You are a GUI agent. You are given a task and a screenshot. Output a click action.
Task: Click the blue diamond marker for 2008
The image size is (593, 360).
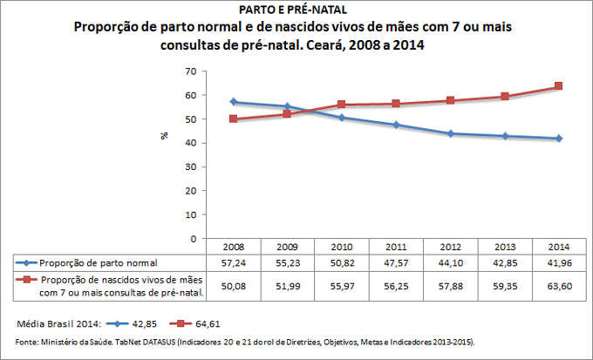point(234,102)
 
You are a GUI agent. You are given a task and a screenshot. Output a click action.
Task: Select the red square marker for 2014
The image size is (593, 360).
point(558,86)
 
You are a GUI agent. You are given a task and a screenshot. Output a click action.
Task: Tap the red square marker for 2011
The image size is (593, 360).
point(396,104)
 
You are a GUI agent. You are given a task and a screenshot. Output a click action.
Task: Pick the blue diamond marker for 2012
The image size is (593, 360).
point(450,133)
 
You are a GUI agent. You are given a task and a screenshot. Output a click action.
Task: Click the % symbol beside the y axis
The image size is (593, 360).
point(162,135)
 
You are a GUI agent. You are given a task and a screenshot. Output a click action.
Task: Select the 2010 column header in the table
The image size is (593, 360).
point(342,247)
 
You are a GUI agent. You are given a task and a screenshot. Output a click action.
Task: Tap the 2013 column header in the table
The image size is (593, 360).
point(504,247)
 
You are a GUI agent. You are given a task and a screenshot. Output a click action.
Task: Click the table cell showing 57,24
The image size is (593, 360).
point(234,262)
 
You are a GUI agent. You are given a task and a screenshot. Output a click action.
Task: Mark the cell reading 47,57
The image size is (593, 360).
point(396,262)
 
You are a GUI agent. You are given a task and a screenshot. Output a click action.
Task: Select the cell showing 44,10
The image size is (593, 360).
point(450,262)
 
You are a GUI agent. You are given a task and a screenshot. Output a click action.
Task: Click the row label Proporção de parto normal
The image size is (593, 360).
point(99,262)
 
